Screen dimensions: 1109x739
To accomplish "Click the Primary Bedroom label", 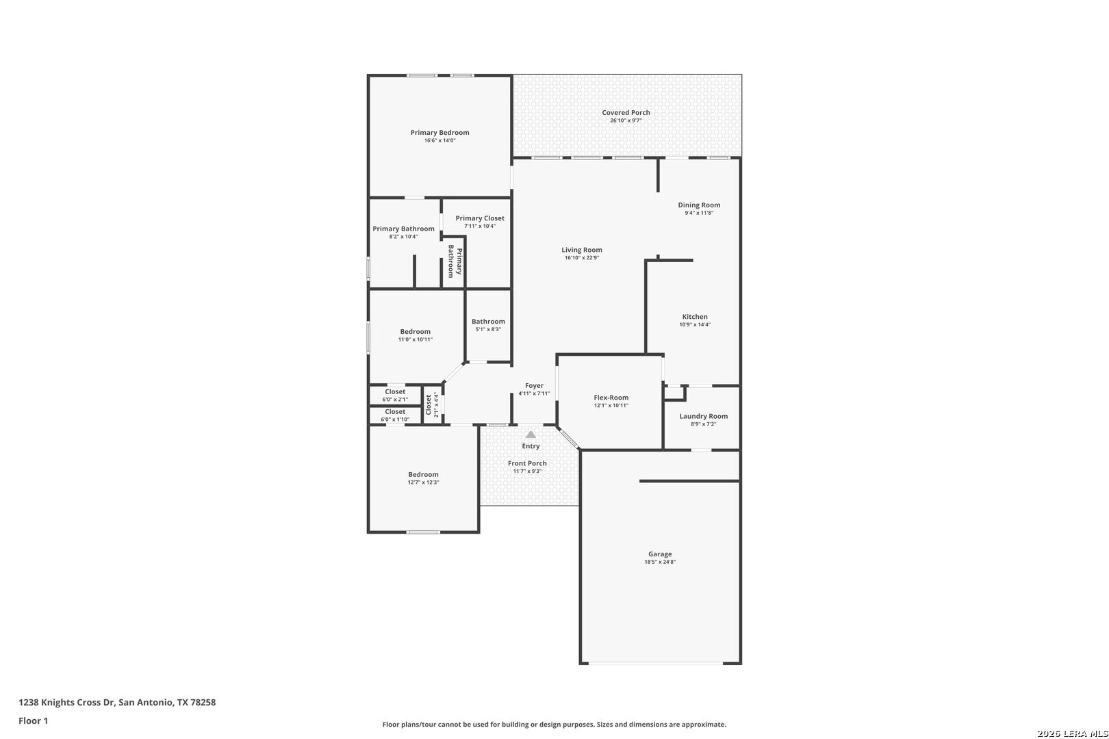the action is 439,133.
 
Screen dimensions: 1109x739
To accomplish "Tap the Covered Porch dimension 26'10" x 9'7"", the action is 626,120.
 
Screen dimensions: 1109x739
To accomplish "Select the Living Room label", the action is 582,250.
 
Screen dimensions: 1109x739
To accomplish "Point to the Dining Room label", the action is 699,205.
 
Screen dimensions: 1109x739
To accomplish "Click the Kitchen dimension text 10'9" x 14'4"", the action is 695,325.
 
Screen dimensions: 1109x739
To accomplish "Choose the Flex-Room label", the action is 611,398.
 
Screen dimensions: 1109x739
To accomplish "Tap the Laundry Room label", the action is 704,416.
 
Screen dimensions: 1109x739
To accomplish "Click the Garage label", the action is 660,554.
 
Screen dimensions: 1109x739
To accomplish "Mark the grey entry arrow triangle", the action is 531,435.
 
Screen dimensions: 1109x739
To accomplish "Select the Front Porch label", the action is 527,463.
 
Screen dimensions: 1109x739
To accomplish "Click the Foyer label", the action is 534,386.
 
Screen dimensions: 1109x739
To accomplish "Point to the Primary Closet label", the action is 480,218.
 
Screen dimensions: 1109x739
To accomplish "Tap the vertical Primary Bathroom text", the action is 455,261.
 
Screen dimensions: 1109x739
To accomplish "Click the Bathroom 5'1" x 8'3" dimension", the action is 488,329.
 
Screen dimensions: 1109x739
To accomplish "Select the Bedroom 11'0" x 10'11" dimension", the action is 416,339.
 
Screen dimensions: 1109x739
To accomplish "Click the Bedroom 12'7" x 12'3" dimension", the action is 423,482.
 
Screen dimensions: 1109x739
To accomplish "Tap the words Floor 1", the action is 33,721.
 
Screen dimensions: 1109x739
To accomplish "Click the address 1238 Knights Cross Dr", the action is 66,702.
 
